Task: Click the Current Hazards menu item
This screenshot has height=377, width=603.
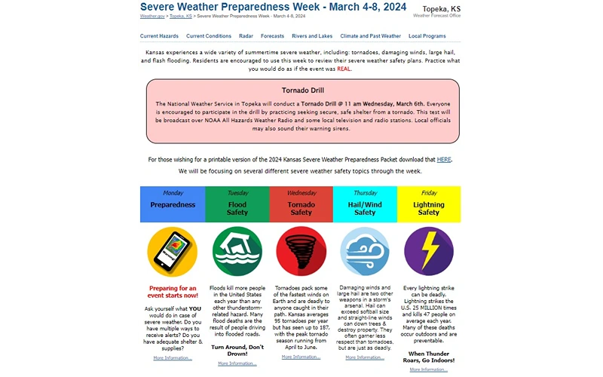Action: click(x=159, y=36)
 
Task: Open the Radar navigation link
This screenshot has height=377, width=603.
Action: click(x=246, y=36)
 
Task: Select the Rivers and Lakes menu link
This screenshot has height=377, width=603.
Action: click(x=312, y=36)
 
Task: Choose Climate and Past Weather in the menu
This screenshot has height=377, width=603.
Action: click(x=370, y=36)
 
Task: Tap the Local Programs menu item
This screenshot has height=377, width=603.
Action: click(x=427, y=36)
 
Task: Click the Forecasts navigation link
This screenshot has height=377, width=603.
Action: click(x=272, y=36)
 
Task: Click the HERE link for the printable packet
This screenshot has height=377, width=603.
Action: click(x=444, y=160)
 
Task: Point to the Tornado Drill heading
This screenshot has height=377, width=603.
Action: click(x=302, y=90)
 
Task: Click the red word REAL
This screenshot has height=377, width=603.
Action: click(x=344, y=69)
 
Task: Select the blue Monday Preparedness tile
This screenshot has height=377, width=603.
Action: click(x=173, y=204)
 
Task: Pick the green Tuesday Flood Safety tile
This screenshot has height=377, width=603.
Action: click(x=237, y=204)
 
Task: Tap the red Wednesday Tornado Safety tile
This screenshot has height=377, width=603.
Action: click(x=301, y=204)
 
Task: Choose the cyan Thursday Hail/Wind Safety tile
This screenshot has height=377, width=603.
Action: click(x=365, y=204)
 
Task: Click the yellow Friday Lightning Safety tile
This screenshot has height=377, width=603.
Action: click(x=429, y=204)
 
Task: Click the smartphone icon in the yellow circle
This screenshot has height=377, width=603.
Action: click(x=173, y=252)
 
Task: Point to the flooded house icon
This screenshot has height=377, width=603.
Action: click(x=237, y=252)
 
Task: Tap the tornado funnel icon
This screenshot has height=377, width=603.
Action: click(x=301, y=252)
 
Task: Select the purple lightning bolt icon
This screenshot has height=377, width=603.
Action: click(x=429, y=252)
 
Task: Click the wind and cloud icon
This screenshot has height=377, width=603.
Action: click(x=365, y=252)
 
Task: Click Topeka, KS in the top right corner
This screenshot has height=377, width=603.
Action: click(x=441, y=9)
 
